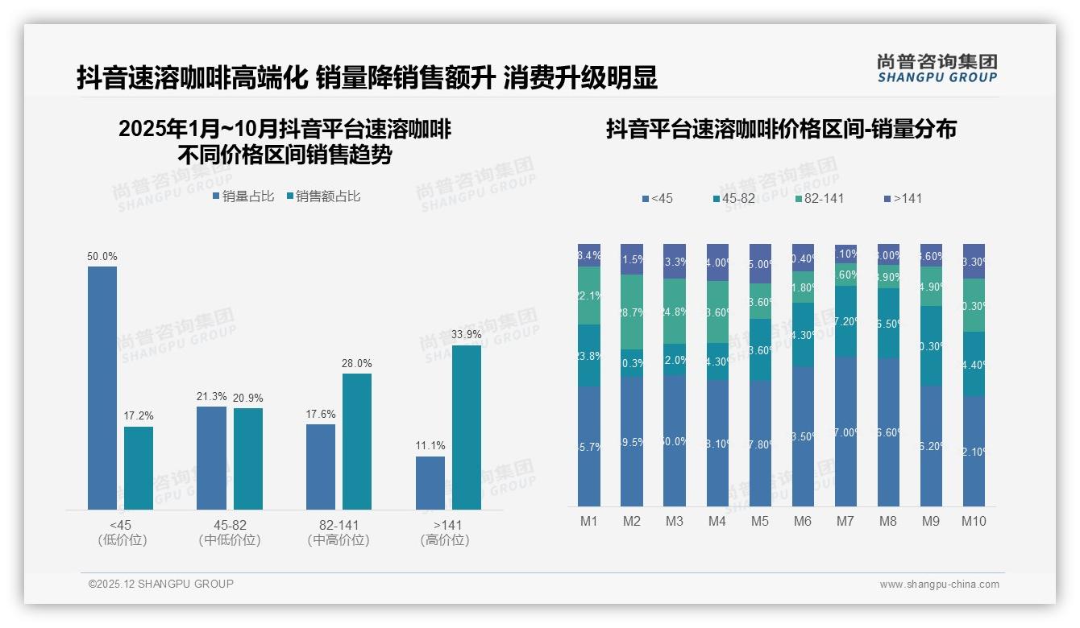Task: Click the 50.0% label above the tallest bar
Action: [x=102, y=257]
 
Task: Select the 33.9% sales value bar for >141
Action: [x=466, y=427]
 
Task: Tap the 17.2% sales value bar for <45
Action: [x=139, y=468]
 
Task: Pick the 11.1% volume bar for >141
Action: [x=430, y=483]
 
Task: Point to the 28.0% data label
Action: [x=356, y=364]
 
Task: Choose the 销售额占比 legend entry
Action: [x=323, y=196]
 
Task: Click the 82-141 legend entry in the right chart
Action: [x=819, y=198]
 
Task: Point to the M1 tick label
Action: [x=589, y=521]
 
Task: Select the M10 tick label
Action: [x=974, y=521]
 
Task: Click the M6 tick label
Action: [x=803, y=521]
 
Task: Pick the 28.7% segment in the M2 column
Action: [x=632, y=312]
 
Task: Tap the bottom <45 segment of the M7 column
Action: [x=845, y=432]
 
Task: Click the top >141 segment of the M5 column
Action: [x=760, y=263]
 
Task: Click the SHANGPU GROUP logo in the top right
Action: [x=937, y=68]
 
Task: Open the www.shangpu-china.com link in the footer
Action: [x=939, y=585]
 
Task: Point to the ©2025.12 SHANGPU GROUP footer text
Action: [x=161, y=585]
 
